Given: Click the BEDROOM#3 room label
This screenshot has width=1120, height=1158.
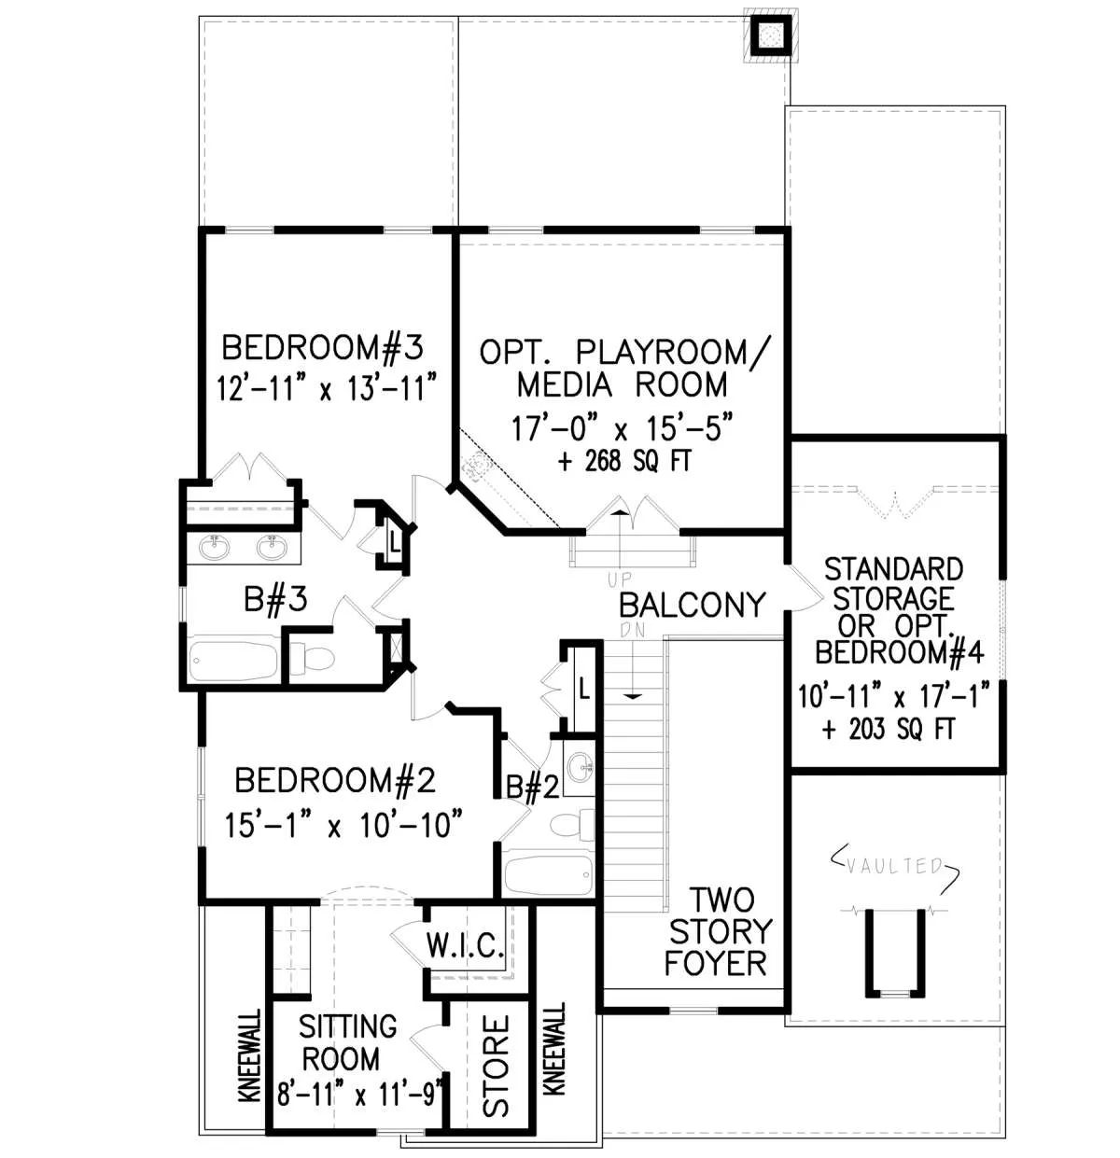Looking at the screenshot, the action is click(x=322, y=347).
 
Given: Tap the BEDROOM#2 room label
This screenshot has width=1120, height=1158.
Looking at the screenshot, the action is click(x=335, y=780).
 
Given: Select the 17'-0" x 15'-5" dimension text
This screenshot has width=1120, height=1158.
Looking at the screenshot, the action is click(x=622, y=428).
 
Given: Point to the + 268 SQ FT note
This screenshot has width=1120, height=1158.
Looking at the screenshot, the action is click(x=624, y=461).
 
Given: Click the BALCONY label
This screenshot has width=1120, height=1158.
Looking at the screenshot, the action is click(x=693, y=606).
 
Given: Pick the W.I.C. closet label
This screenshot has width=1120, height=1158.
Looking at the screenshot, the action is click(x=466, y=944).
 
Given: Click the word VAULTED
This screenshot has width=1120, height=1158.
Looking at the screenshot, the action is click(x=895, y=866).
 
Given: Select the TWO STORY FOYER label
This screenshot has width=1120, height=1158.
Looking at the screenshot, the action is click(x=719, y=932).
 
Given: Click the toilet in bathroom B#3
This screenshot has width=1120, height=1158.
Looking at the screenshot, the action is click(x=313, y=658).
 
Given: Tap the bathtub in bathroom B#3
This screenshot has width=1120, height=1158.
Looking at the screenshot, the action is click(x=233, y=660).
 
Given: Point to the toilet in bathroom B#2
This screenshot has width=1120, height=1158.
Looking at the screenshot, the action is click(x=572, y=824).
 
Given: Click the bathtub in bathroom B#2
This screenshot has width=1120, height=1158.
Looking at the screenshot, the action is click(x=548, y=874).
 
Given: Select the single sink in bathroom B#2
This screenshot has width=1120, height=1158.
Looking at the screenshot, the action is click(x=579, y=768).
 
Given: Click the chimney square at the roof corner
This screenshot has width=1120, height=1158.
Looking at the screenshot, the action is click(x=771, y=35).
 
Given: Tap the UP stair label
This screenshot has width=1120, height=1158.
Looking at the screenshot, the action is click(x=620, y=579).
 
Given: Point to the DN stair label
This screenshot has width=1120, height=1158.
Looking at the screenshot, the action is click(x=632, y=630).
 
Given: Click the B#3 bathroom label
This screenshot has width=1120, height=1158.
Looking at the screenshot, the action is click(x=275, y=599).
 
